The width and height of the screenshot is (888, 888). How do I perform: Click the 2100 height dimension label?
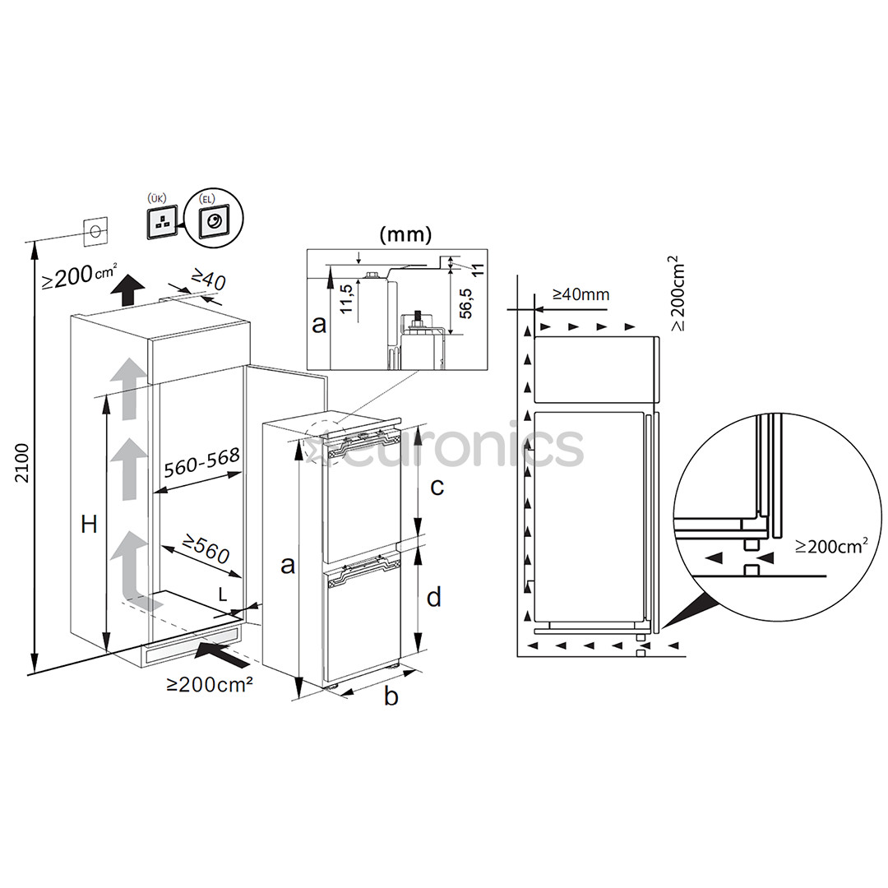(22, 463)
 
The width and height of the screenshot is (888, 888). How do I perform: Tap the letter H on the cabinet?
(89, 525)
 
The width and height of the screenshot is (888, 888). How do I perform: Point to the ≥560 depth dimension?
(206, 550)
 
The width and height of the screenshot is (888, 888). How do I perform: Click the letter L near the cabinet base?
(223, 593)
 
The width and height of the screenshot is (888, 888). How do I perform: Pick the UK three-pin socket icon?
(164, 220)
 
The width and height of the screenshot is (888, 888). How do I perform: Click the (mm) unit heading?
(405, 234)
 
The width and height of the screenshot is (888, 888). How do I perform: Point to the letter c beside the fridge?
(437, 486)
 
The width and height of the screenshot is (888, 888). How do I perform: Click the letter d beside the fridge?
(434, 597)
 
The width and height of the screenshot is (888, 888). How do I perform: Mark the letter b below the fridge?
(391, 696)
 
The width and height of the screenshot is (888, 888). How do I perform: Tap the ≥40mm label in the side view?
(580, 294)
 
